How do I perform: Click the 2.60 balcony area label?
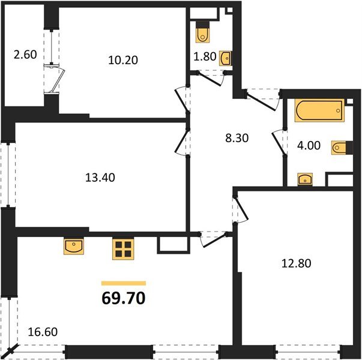25,55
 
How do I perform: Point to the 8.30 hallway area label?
237,137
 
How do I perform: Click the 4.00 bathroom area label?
309,145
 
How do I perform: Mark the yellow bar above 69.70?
123,283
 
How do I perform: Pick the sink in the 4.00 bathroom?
305,178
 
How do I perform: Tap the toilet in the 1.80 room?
202,33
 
